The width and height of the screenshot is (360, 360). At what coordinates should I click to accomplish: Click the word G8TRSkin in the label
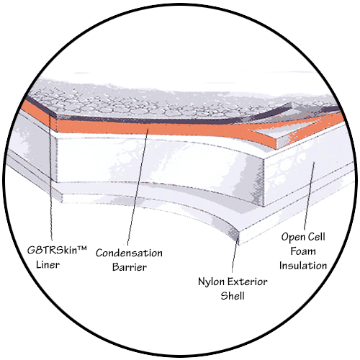53,250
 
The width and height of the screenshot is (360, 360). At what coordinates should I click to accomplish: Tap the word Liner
48,265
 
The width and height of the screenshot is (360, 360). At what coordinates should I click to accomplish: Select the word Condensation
129,253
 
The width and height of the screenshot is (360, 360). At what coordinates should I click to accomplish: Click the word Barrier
130,267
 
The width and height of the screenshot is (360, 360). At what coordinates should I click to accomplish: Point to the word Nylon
211,282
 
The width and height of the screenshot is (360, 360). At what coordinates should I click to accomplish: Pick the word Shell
233,296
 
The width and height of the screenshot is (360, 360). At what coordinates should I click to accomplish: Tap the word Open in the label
293,238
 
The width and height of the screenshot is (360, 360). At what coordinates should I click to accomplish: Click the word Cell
317,237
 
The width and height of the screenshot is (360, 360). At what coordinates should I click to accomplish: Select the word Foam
303,251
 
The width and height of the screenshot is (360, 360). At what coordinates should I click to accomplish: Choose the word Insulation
303,266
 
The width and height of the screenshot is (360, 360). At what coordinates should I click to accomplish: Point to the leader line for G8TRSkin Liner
50,178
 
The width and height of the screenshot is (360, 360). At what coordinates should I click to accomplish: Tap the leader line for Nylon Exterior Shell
235,254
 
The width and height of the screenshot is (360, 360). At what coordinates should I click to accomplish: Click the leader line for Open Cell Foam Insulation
309,196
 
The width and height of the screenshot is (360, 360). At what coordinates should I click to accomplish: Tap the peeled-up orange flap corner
279,142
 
